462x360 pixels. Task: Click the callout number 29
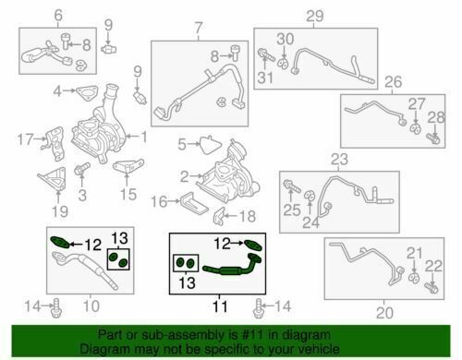[315, 17]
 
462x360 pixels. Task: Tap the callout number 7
[199, 28]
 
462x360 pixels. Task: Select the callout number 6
[58, 15]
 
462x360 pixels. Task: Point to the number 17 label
[25, 139]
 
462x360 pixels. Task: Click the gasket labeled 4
[87, 93]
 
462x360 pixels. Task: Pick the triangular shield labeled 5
[211, 144]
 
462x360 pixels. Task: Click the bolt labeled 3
[81, 169]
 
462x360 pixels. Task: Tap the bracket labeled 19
[53, 179]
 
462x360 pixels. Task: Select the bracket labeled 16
[193, 204]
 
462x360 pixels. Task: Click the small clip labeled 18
[219, 215]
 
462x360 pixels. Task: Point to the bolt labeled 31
[266, 55]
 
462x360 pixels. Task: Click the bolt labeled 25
[292, 186]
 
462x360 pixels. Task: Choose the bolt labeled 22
[432, 288]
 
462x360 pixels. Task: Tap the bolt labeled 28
[433, 138]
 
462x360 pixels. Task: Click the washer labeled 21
[414, 278]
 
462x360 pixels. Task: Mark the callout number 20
[384, 313]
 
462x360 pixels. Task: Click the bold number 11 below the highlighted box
[220, 306]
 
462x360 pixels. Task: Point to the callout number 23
[339, 160]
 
